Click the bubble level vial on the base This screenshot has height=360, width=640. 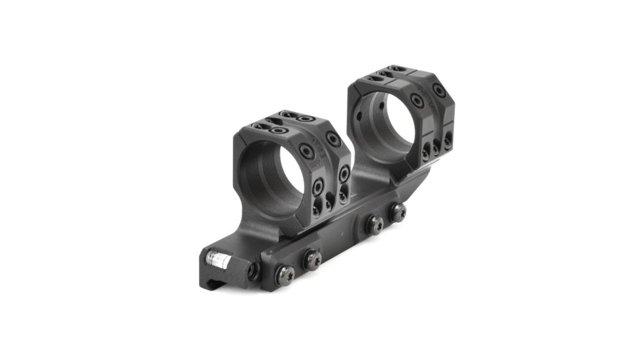[218, 261]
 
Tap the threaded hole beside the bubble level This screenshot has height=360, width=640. [253, 270]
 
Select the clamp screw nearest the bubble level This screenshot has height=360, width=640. [281, 272]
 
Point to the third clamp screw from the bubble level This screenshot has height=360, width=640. [374, 225]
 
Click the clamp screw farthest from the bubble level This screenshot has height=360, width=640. [397, 212]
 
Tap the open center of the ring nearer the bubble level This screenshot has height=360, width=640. [277, 171]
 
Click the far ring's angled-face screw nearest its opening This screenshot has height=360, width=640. [417, 100]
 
